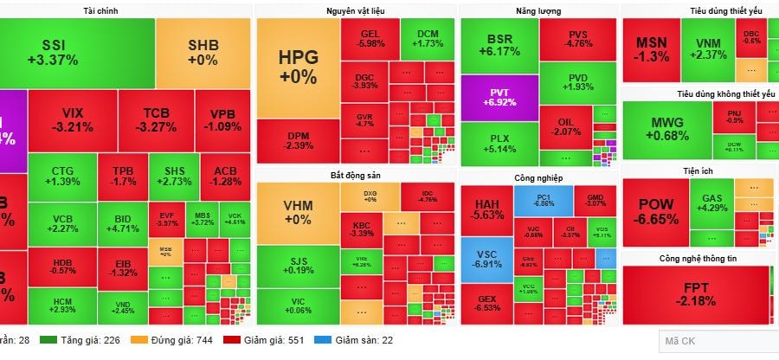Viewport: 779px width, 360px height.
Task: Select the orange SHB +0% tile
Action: click(x=203, y=53)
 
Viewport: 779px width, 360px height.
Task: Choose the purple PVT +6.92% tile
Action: click(x=499, y=98)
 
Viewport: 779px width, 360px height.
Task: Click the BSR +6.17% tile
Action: click(x=499, y=46)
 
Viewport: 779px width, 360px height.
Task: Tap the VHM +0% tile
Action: click(x=298, y=213)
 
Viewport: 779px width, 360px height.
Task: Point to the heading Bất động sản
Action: click(x=355, y=176)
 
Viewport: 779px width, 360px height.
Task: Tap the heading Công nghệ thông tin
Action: click(x=698, y=258)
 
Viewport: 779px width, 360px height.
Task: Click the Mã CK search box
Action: click(x=718, y=342)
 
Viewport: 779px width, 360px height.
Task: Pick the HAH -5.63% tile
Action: click(x=486, y=209)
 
